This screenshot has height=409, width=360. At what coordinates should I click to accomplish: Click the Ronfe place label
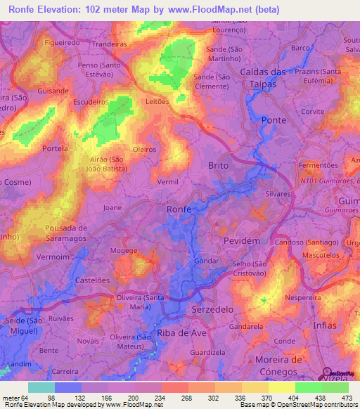179,209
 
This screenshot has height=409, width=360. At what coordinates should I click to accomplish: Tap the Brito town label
219,165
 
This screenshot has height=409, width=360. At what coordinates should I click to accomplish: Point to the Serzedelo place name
212,309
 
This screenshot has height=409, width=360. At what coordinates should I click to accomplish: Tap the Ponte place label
274,120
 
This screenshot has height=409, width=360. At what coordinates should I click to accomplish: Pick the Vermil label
168,182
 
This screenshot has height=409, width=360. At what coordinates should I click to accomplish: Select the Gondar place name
212,259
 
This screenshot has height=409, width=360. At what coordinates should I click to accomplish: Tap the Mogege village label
124,250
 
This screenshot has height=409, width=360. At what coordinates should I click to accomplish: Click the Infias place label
326,326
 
